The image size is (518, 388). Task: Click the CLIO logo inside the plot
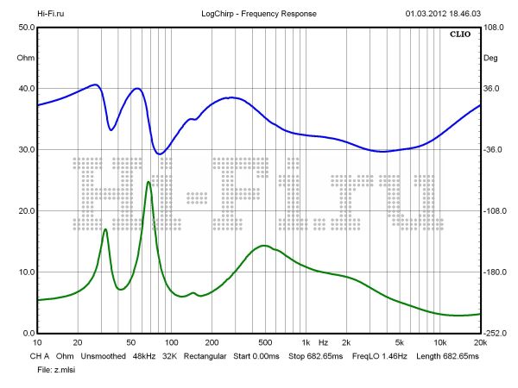pyautogui.click(x=459, y=35)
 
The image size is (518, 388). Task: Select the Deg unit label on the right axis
pyautogui.click(x=490, y=58)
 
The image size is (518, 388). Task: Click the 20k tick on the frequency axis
pyautogui.click(x=479, y=342)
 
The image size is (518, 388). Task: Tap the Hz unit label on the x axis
pyautogui.click(x=323, y=342)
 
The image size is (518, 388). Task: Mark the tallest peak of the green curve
pyautogui.click(x=148, y=182)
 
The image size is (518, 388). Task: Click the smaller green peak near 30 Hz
pyautogui.click(x=105, y=229)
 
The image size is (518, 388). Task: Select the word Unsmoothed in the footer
pyautogui.click(x=104, y=355)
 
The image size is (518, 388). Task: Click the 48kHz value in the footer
pyautogui.click(x=144, y=355)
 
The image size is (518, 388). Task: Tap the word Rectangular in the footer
pyautogui.click(x=204, y=355)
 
